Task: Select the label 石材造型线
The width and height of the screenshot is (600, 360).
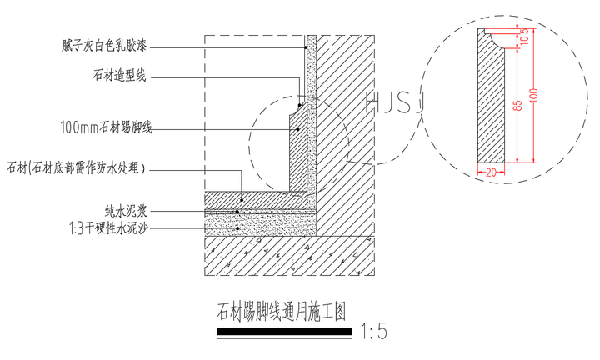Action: coord(120,77)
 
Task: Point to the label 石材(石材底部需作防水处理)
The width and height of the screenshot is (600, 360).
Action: coord(76,168)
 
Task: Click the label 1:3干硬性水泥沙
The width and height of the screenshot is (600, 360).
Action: coord(107,227)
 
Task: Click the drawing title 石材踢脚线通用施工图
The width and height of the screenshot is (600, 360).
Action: coord(281,312)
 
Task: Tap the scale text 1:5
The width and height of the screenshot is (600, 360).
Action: coord(374,332)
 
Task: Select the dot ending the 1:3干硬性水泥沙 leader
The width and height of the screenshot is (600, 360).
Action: coord(238,227)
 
